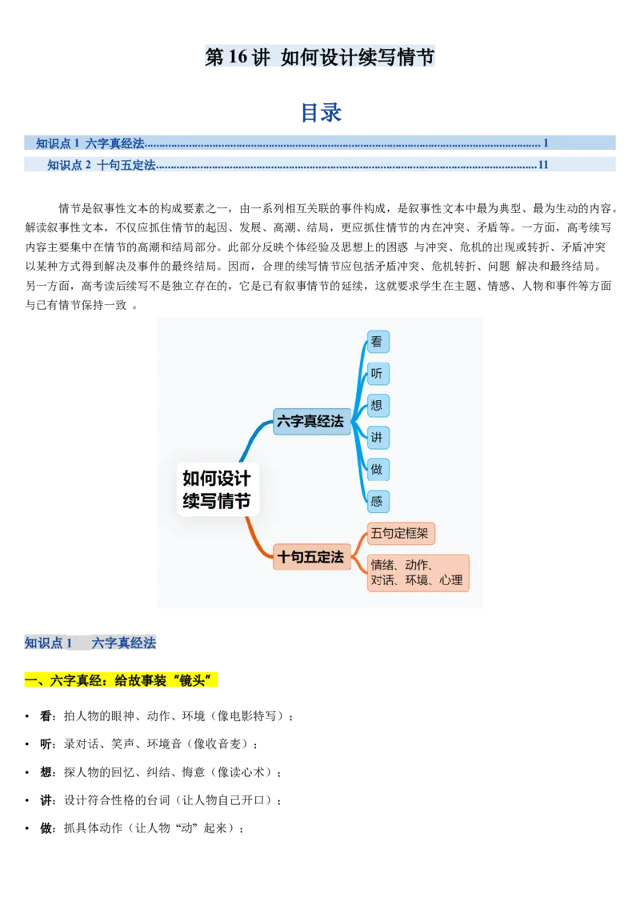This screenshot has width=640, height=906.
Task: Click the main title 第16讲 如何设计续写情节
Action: pos(319,57)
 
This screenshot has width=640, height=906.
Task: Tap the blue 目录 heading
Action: pos(321,112)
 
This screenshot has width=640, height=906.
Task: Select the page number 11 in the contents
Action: pos(543,165)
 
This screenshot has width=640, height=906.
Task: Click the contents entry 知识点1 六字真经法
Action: pos(90,143)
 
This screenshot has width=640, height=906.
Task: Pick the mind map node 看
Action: pos(378,342)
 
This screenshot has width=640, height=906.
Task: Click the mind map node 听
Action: pos(378,373)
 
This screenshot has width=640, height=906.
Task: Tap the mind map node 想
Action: pos(378,405)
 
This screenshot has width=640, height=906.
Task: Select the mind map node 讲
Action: pos(378,438)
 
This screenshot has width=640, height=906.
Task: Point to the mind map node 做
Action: pos(378,469)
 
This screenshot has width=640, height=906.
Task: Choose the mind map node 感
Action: pos(378,502)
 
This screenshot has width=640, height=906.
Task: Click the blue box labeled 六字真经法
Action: pos(311,421)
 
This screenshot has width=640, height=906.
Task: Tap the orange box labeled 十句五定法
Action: pos(311,557)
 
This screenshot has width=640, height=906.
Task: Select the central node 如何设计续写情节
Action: pos(217,489)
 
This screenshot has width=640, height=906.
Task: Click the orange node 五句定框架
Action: pos(400,533)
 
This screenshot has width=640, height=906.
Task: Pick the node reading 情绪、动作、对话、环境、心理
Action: pos(418,572)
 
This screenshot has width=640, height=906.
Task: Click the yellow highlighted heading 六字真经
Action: pos(121,680)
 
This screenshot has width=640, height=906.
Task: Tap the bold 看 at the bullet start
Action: pos(46,716)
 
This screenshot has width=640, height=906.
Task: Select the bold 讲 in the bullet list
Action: pos(46,800)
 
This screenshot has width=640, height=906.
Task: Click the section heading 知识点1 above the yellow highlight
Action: pos(49,643)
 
